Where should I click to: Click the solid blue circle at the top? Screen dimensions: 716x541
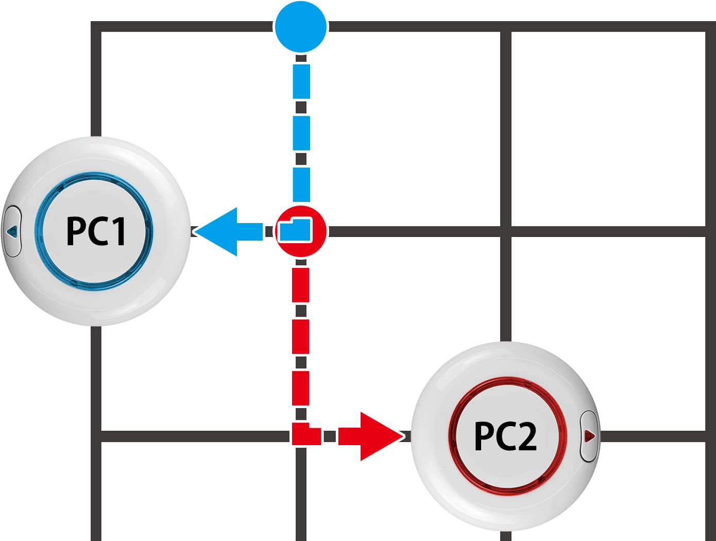pyautogui.click(x=300, y=27)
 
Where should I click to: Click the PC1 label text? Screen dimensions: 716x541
pyautogui.click(x=96, y=231)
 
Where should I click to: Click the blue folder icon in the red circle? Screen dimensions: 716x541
pyautogui.click(x=295, y=230)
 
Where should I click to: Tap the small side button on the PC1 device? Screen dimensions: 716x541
pyautogui.click(x=12, y=231)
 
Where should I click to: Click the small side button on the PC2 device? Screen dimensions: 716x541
pyautogui.click(x=589, y=435)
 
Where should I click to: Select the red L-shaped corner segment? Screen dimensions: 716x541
pyautogui.click(x=306, y=434)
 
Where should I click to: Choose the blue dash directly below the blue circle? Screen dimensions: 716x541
pyautogui.click(x=301, y=81)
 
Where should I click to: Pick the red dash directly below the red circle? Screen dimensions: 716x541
pyautogui.click(x=300, y=285)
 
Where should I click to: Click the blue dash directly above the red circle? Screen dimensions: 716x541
pyautogui.click(x=301, y=184)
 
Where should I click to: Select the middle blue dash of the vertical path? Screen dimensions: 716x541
pyautogui.click(x=301, y=133)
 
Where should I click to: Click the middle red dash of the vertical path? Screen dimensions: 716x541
pyautogui.click(x=300, y=336)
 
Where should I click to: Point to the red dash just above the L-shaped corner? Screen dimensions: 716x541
pyautogui.click(x=300, y=388)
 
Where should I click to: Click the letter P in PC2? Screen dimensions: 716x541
pyautogui.click(x=483, y=436)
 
